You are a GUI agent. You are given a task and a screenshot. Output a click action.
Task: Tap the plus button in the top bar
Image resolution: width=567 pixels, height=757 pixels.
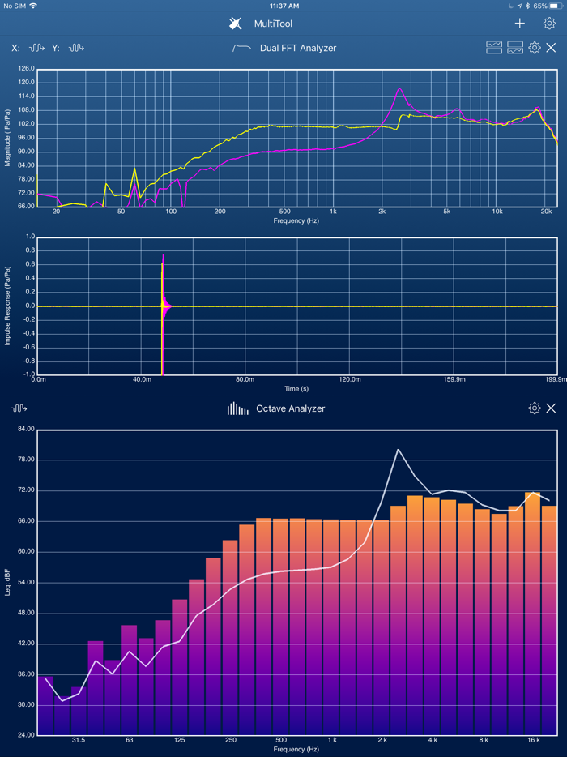pyautogui.click(x=520, y=24)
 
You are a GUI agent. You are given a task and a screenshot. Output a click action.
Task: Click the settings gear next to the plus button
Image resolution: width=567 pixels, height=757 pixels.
pyautogui.click(x=549, y=24)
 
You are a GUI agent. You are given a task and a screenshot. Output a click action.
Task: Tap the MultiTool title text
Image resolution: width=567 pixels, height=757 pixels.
pyautogui.click(x=273, y=24)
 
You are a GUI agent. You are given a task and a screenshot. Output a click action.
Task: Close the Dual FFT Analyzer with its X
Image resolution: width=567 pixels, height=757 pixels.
pyautogui.click(x=552, y=48)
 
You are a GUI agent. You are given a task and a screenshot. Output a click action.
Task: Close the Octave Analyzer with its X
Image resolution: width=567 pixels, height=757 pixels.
pyautogui.click(x=551, y=408)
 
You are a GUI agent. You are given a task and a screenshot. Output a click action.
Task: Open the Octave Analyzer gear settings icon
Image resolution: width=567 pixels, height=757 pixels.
pyautogui.click(x=534, y=408)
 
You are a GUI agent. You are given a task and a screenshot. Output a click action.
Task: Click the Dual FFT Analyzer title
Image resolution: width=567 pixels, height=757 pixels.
pyautogui.click(x=297, y=49)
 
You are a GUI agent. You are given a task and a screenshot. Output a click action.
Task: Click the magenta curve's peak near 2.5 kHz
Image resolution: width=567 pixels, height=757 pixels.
pyautogui.click(x=399, y=88)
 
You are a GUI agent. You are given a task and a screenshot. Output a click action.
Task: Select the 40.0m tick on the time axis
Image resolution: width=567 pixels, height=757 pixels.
pyautogui.click(x=142, y=379)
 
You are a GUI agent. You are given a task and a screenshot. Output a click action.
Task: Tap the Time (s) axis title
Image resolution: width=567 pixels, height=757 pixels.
pyautogui.click(x=296, y=388)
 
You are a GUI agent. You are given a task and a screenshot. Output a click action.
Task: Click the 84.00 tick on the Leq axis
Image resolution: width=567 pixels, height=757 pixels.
pyautogui.click(x=24, y=429)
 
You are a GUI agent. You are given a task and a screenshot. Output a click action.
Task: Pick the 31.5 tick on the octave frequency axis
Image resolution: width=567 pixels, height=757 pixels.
pyautogui.click(x=79, y=740)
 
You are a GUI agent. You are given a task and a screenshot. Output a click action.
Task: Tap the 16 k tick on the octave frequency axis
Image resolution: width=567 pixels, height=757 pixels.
pyautogui.click(x=533, y=740)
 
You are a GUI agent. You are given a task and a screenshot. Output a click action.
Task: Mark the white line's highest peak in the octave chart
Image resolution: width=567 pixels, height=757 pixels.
pyautogui.click(x=398, y=449)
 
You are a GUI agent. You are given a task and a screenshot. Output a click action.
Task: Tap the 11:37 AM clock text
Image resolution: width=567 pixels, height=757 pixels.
pyautogui.click(x=283, y=6)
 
